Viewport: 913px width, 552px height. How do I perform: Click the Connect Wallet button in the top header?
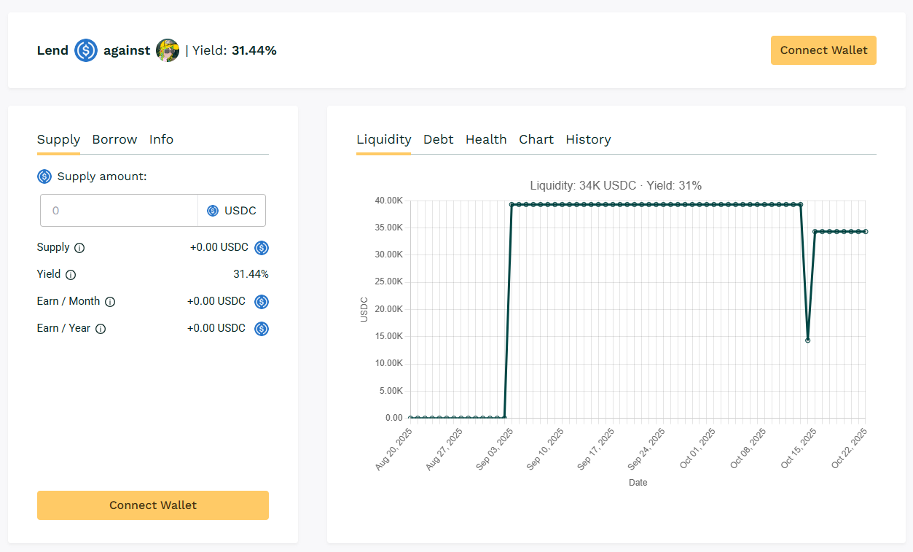(823, 50)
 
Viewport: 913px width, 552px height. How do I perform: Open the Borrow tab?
(114, 139)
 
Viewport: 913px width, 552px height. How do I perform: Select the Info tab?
(161, 139)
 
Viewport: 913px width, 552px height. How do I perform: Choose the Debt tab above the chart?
(438, 139)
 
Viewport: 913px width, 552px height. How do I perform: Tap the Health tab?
(486, 139)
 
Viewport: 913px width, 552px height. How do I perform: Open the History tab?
(588, 139)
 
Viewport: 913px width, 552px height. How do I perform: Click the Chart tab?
(536, 139)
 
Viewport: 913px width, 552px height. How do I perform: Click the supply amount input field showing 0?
(119, 211)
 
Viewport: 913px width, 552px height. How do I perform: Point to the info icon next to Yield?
(71, 275)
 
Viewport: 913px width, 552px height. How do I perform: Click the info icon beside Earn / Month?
(110, 302)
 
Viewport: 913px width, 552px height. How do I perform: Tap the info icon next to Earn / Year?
(101, 329)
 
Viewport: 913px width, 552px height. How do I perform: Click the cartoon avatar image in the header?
(168, 50)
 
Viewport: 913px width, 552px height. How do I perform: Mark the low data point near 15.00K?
(807, 340)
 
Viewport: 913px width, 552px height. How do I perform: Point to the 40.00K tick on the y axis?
(389, 201)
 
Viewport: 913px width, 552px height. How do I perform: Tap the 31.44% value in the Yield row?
(251, 275)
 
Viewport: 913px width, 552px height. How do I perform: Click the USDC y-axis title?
(364, 309)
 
